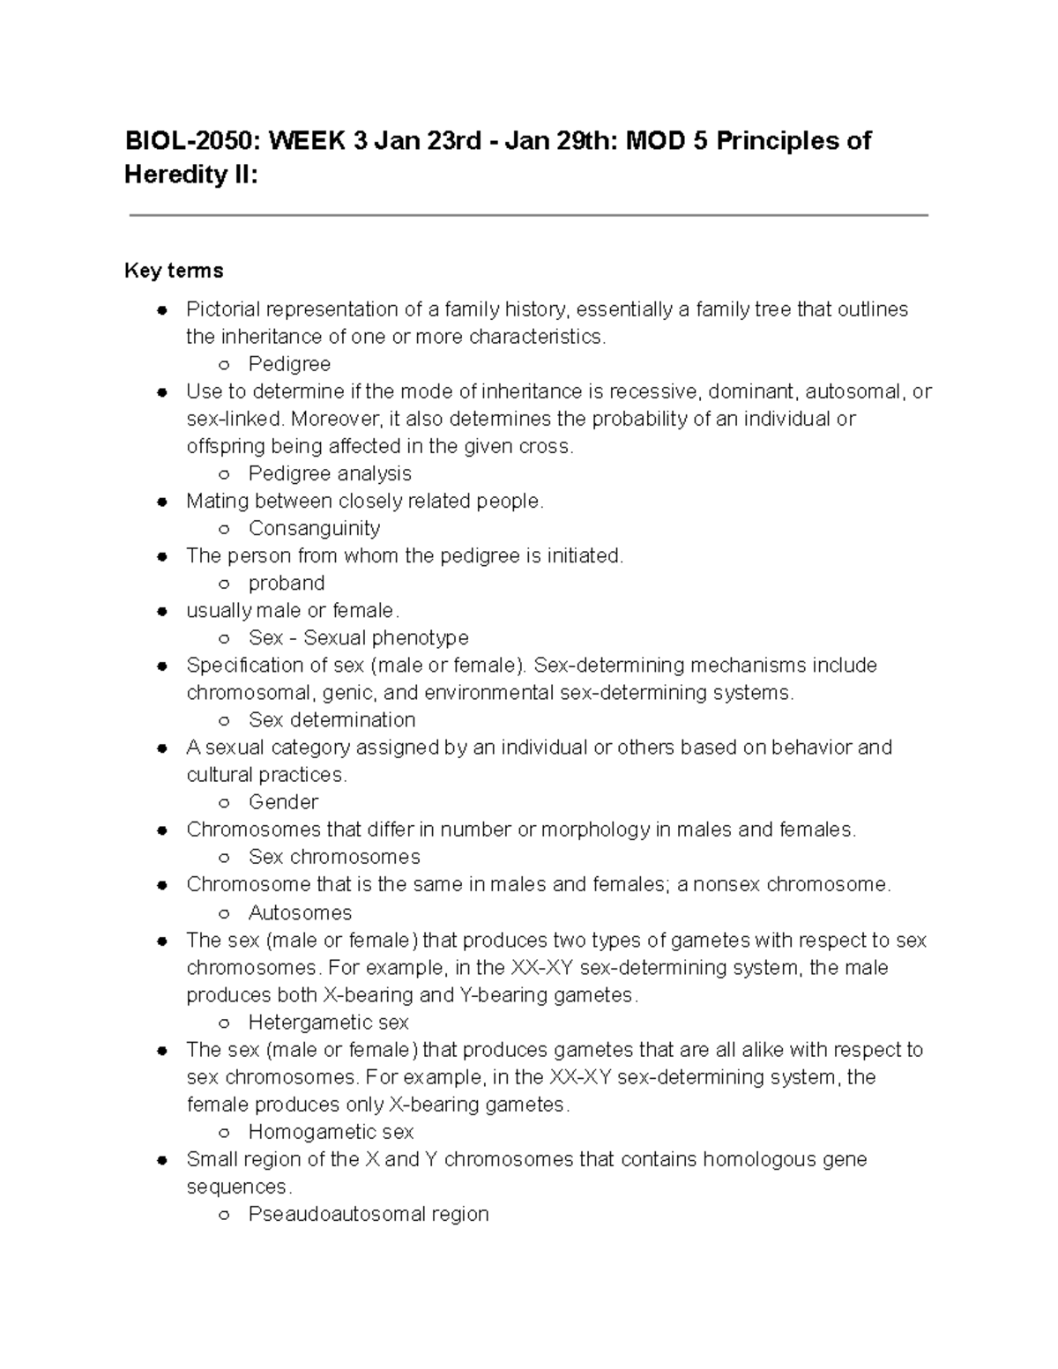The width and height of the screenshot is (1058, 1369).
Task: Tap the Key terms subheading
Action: pos(174,271)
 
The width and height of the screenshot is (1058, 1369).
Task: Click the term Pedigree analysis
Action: pos(330,473)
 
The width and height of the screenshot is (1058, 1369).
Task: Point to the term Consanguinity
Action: pos(314,528)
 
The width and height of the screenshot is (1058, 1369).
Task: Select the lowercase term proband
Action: pos(287,583)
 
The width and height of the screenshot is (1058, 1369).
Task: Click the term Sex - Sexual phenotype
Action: pos(358,637)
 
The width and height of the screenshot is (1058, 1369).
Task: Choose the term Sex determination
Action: pos(332,719)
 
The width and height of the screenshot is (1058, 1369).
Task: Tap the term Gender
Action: pos(283,801)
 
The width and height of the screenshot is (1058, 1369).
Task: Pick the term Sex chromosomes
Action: pos(334,857)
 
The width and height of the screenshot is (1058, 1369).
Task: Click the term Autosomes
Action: pos(300,912)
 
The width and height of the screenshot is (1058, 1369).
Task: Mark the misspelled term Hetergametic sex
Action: pos(328,1023)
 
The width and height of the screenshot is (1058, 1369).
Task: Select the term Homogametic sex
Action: pos(331,1132)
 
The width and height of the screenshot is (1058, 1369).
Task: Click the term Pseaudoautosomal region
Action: pos(369,1214)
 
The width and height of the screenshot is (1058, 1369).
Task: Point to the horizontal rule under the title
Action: pos(529,215)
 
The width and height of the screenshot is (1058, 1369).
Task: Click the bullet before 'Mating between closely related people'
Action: pos(161,502)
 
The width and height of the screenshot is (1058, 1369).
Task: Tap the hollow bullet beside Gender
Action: pos(225,803)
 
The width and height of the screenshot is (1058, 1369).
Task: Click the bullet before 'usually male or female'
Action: pos(161,611)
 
